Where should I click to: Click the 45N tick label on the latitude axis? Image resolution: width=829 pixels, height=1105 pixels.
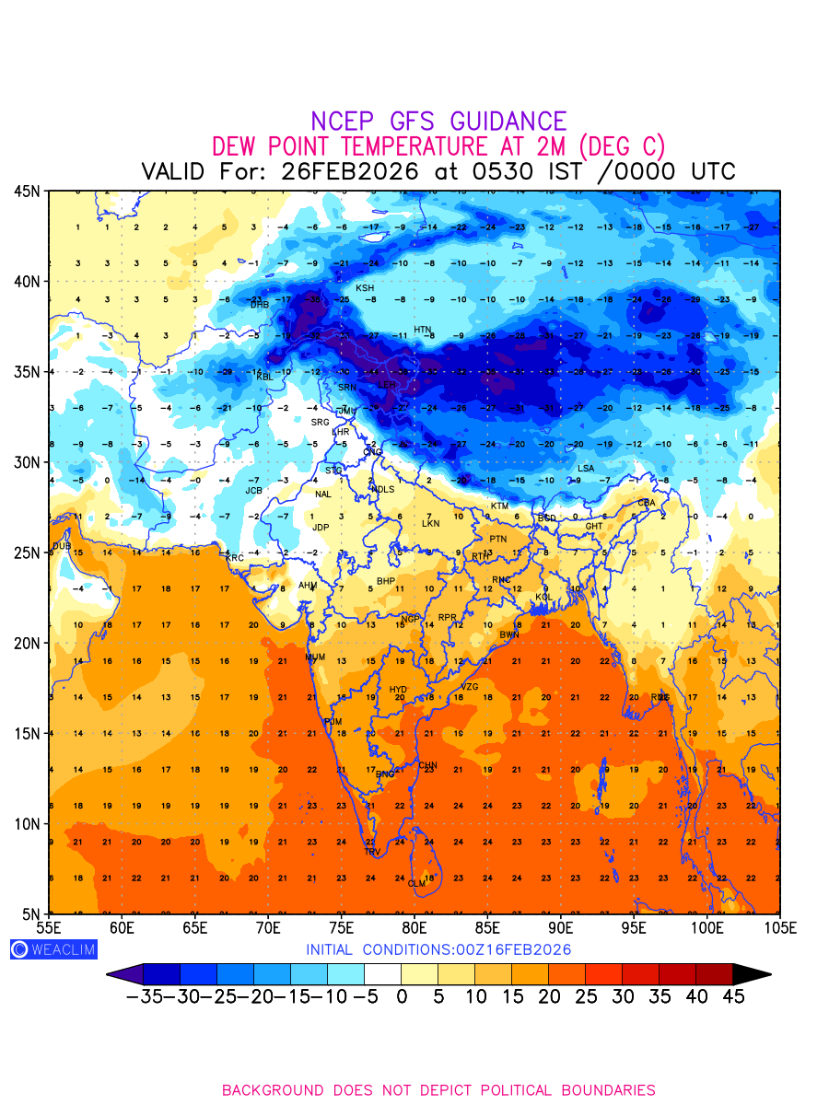coord(27,191)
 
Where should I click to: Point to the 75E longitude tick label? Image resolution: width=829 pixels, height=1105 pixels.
coord(342,926)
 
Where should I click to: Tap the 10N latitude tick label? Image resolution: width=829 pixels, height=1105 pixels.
coord(27,823)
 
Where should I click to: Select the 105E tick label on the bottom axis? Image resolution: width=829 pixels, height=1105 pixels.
coord(780,926)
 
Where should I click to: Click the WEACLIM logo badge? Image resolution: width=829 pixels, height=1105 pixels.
coord(53,949)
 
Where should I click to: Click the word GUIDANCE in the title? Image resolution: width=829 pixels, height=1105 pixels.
coord(508,122)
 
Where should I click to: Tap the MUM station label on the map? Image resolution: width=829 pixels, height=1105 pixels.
coord(315,657)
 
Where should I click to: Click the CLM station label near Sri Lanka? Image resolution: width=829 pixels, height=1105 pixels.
coord(417,884)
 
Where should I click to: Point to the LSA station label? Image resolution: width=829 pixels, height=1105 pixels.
coord(586,469)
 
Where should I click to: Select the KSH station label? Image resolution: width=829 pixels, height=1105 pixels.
coord(365,288)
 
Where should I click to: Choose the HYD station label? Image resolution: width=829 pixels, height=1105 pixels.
coord(398,690)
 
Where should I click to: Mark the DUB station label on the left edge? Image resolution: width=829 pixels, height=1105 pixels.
coord(62,546)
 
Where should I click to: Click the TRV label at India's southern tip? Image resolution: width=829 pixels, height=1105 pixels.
coord(372,853)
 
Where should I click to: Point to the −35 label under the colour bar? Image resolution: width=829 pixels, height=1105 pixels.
coord(145,997)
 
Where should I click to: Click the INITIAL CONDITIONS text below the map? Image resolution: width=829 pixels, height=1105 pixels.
coord(438,949)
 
